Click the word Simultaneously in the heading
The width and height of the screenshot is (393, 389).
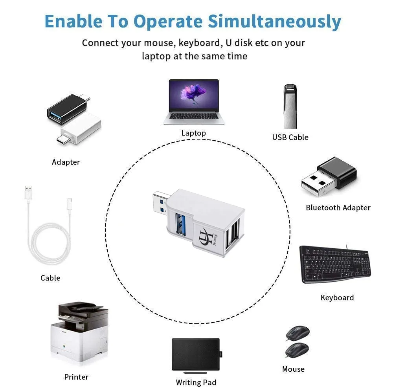[x=274, y=22]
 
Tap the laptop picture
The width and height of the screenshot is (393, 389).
[x=194, y=102]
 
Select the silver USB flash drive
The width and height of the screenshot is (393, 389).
[x=290, y=106]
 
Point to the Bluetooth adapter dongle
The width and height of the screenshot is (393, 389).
[x=329, y=176]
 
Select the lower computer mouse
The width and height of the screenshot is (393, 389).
[x=297, y=350]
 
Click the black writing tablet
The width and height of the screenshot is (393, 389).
[x=196, y=354]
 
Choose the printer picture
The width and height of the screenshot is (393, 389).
[x=79, y=332]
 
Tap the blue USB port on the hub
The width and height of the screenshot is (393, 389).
[x=180, y=224]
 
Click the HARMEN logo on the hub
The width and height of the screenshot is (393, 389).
[x=208, y=237]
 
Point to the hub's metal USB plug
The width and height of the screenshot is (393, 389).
[x=161, y=203]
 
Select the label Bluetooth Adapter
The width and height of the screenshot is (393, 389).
[x=338, y=208]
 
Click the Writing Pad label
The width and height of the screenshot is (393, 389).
[x=196, y=382]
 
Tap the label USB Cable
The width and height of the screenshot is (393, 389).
[x=290, y=138]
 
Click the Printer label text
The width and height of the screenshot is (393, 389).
[x=76, y=377]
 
